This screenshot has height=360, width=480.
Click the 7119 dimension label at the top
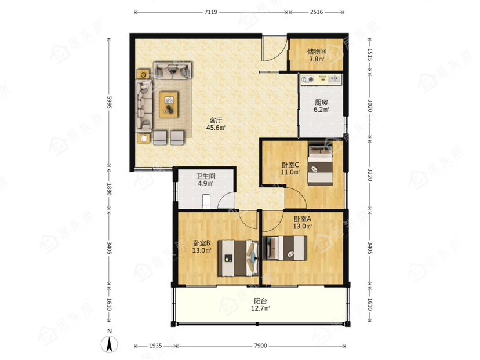(x=210, y=12)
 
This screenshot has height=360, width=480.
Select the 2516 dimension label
(x=317, y=12)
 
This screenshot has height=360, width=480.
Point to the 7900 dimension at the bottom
(x=260, y=346)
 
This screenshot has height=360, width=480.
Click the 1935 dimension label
(x=155, y=346)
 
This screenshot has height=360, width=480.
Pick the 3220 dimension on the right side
(x=370, y=174)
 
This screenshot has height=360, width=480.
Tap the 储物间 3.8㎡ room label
(x=317, y=56)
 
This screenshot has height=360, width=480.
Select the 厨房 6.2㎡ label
(x=321, y=106)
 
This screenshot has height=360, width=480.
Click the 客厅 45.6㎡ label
(x=216, y=124)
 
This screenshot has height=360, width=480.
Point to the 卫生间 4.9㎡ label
(x=205, y=180)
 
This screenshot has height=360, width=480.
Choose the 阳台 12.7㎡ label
(x=260, y=305)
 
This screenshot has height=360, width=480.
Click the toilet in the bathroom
(x=206, y=201)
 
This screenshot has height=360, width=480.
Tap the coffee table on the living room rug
(x=169, y=105)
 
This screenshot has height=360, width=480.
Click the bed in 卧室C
(x=320, y=163)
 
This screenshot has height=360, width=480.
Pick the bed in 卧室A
(x=285, y=248)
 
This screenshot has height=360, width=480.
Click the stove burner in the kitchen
(x=308, y=79)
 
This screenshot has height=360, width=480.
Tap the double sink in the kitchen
(x=335, y=79)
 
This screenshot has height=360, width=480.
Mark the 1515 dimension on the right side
(x=370, y=54)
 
